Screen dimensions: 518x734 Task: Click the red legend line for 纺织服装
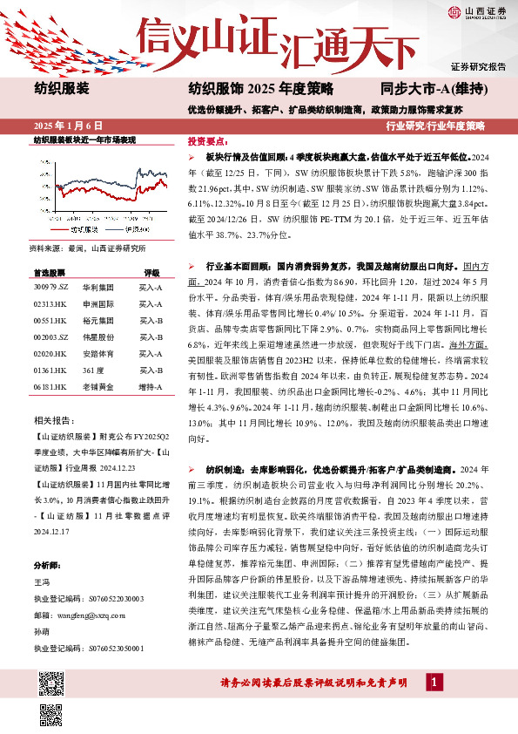65,228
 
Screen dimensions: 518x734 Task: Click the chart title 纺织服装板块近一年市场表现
84,139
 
